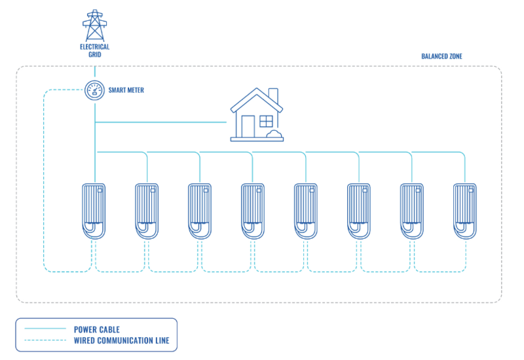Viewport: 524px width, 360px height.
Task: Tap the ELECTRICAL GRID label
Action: click(94, 50)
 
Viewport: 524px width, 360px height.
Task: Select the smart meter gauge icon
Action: click(95, 90)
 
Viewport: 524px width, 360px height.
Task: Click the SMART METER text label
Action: click(126, 90)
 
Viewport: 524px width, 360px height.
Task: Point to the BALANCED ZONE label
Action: click(441, 57)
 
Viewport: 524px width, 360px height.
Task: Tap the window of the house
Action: click(266, 121)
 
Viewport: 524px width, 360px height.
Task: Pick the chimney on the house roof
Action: click(273, 98)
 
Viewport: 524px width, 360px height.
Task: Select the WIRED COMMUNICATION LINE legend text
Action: click(121, 340)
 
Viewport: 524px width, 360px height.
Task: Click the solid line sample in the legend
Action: click(45, 329)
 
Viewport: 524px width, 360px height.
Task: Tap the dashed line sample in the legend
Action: click(45, 340)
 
